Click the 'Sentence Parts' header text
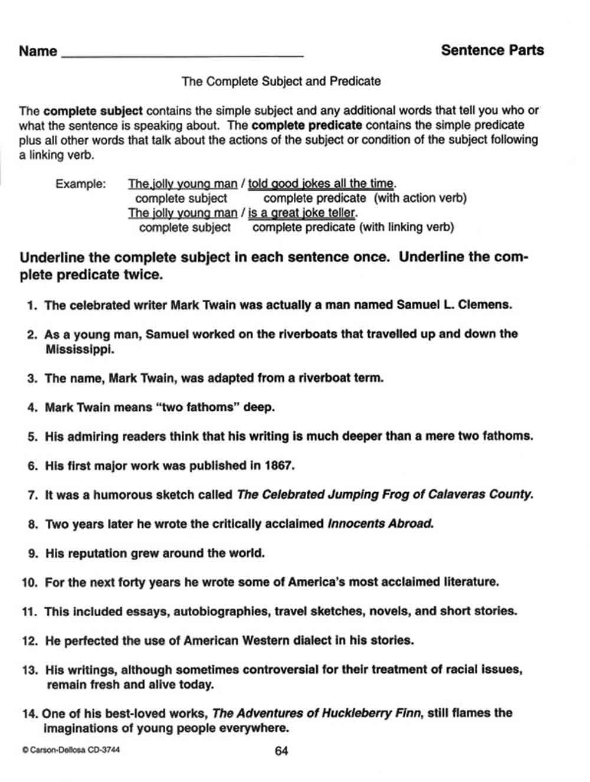click(492, 50)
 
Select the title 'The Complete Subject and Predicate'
click(281, 81)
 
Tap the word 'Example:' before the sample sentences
click(81, 184)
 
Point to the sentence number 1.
click(32, 306)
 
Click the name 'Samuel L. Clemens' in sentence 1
click(454, 305)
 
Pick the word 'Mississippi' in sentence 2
click(80, 349)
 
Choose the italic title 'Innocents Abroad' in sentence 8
click(380, 523)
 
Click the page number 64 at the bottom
click(281, 751)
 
